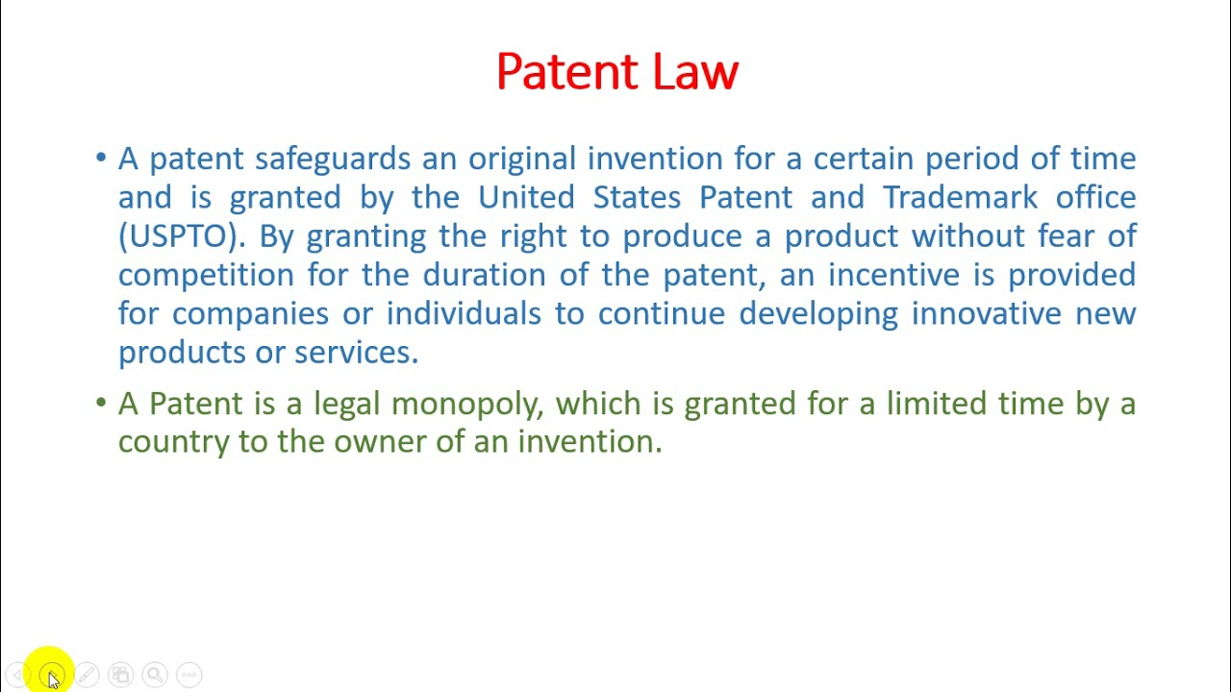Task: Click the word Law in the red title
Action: click(695, 72)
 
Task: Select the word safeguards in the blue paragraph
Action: click(332, 160)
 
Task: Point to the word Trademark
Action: click(960, 197)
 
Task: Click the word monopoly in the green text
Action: click(467, 405)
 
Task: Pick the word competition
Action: click(206, 276)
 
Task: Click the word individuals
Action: click(464, 314)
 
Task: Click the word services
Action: click(356, 353)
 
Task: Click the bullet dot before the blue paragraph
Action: click(101, 159)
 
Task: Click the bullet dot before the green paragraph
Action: click(101, 404)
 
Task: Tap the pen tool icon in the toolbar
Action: click(87, 675)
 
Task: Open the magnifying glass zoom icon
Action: click(155, 675)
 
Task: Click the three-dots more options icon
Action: click(189, 675)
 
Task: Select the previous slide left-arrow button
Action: click(19, 675)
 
